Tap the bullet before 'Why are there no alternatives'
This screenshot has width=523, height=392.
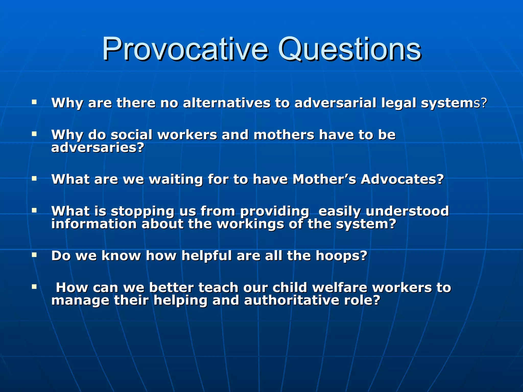[x=34, y=102]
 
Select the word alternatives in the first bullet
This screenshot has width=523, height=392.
[x=227, y=103]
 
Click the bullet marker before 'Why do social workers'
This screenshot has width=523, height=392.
[x=34, y=134]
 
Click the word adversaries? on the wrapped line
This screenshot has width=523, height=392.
[x=98, y=148]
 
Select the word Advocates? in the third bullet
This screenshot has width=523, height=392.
[x=402, y=179]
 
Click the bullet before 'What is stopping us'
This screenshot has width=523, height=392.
[x=34, y=210]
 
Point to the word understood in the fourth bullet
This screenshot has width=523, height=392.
[x=407, y=211]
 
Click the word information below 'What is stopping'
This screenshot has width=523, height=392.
[x=94, y=224]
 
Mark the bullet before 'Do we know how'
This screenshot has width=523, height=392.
[x=34, y=254]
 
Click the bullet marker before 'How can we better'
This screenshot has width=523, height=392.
[x=34, y=287]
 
